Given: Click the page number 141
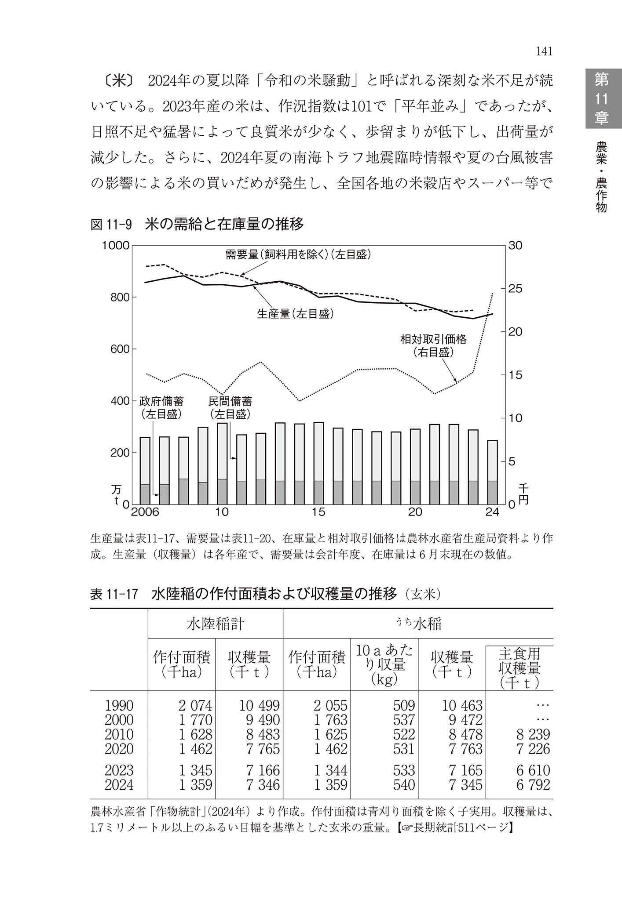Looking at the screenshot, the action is [544, 51].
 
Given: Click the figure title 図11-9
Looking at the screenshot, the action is [111, 225].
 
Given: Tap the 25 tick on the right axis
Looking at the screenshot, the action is [515, 289].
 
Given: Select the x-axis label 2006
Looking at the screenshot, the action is [145, 512].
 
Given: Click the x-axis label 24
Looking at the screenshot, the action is [493, 512].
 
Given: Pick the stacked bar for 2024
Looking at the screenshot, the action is [492, 472].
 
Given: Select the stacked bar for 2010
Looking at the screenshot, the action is [223, 464].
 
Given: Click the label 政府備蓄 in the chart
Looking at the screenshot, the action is [161, 401].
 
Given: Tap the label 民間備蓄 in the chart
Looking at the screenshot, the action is [230, 401].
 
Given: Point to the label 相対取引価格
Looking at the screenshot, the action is [433, 339].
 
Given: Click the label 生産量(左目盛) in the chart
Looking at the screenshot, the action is [295, 314].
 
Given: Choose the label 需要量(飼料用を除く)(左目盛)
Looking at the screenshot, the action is [298, 254].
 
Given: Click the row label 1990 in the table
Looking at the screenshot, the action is [119, 706].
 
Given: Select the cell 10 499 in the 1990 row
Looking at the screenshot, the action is [259, 706].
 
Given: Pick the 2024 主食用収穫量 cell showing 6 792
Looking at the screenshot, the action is [533, 785].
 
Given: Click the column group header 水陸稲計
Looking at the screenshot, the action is [216, 624].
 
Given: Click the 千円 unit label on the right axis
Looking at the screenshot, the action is [524, 494].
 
